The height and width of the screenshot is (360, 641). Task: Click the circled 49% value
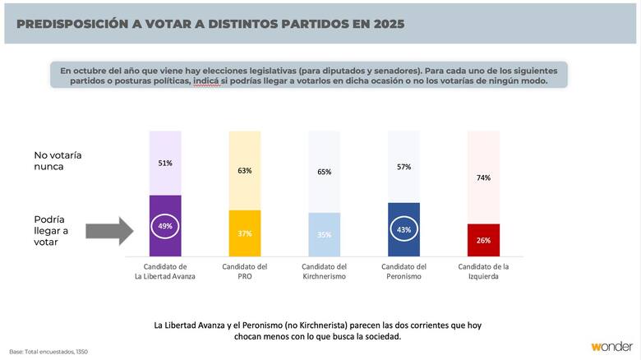click(165, 226)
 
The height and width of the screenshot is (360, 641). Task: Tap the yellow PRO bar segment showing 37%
click(244, 233)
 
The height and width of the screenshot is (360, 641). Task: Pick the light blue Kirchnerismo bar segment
click(324, 235)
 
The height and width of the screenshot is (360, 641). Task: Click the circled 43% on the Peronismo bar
click(404, 229)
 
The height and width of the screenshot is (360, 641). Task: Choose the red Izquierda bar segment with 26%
click(482, 240)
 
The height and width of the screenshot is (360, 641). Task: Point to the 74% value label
click(482, 177)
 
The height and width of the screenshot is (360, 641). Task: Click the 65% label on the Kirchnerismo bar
click(324, 172)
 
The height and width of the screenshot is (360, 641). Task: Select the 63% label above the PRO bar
click(244, 170)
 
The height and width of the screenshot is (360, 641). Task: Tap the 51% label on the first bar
click(165, 163)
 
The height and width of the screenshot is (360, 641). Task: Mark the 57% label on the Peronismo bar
click(404, 167)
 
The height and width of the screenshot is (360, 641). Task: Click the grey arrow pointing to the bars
click(108, 230)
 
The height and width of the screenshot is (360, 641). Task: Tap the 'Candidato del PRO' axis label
click(244, 272)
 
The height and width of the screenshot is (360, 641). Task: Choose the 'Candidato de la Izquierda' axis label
click(482, 272)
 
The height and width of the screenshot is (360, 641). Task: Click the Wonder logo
click(611, 347)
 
